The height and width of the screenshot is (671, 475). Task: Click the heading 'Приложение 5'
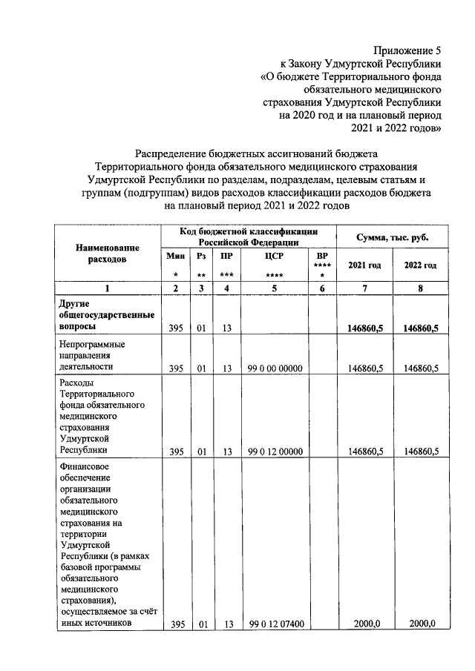tap(407, 51)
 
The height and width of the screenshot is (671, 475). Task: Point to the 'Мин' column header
tap(176, 255)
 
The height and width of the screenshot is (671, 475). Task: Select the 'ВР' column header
tap(322, 255)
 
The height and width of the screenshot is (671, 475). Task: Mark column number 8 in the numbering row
tap(420, 288)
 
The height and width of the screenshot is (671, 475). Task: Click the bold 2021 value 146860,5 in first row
tap(364, 328)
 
